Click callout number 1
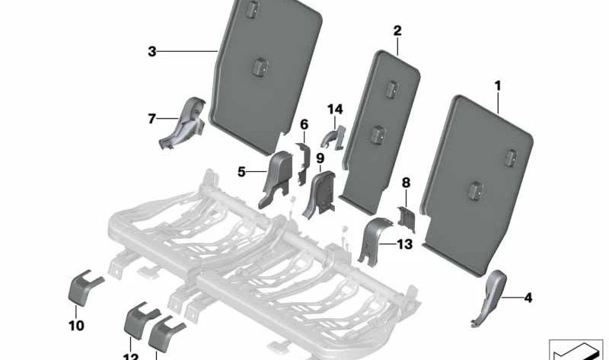point(498,87)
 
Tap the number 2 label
point(397,30)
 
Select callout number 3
point(152,51)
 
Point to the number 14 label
point(335,110)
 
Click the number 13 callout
point(404,244)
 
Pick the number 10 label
point(76,326)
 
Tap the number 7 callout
point(151,118)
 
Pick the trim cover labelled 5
point(276,178)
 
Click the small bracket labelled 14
point(333,137)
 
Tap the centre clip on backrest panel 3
point(257,65)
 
